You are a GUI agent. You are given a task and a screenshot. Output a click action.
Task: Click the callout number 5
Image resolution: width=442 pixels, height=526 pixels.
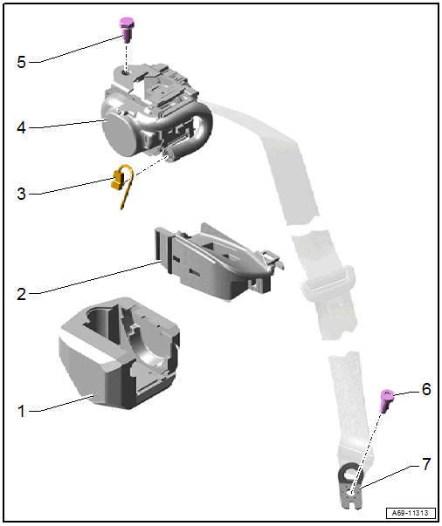tap(21, 62)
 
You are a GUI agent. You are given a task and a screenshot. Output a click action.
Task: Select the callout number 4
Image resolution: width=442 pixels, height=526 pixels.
tap(21, 127)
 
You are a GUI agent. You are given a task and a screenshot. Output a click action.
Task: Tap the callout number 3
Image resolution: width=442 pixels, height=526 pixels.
tap(21, 194)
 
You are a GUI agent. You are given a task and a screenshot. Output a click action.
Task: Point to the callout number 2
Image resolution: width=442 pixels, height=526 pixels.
tap(21, 294)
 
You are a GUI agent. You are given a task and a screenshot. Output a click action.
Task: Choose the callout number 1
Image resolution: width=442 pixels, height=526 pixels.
tap(21, 411)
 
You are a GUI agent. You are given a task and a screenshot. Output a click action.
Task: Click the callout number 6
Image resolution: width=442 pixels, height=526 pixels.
tap(426, 389)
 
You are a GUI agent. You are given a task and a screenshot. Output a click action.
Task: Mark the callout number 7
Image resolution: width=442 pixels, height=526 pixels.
tap(426, 464)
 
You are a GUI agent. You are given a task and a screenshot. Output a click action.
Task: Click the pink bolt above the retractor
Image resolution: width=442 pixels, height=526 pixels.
tap(128, 30)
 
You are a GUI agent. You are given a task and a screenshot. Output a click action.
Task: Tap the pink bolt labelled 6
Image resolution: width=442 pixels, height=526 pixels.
tap(387, 400)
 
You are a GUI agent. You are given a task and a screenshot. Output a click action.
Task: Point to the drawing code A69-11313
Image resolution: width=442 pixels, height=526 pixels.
tap(410, 513)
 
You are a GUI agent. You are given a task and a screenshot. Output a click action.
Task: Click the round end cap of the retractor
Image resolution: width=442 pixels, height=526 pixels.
tap(119, 136)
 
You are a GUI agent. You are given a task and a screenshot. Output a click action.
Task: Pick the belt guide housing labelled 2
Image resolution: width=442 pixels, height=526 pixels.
tap(218, 263)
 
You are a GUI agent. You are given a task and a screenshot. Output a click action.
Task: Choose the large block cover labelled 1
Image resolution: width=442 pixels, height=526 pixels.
tap(119, 353)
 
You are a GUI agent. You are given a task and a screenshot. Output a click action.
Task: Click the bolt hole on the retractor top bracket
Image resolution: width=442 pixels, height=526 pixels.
tap(125, 72)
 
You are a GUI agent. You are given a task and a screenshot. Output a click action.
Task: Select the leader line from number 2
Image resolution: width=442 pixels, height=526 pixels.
tap(96, 277)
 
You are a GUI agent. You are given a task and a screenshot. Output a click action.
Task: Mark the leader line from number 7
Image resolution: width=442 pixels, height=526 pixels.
tap(390, 476)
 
